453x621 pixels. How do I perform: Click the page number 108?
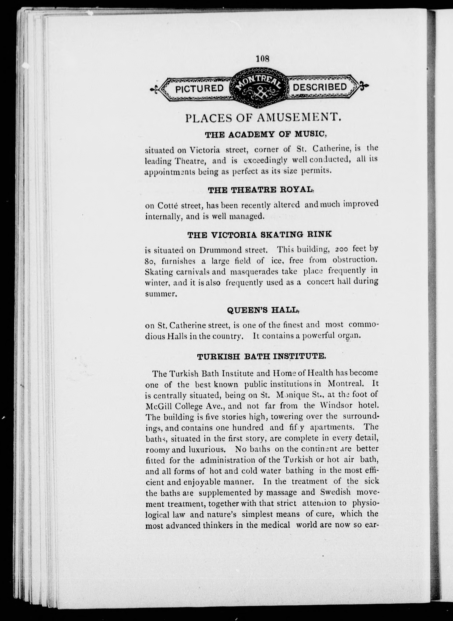(263, 59)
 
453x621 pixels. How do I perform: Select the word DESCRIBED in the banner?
(320, 87)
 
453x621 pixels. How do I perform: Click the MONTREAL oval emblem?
(259, 87)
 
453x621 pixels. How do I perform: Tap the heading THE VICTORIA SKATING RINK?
(259, 235)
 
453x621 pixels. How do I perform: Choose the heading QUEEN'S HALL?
(263, 310)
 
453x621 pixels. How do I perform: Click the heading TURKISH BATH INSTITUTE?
(262, 357)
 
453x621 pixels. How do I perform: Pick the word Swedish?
(335, 492)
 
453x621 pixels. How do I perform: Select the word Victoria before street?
(205, 150)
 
